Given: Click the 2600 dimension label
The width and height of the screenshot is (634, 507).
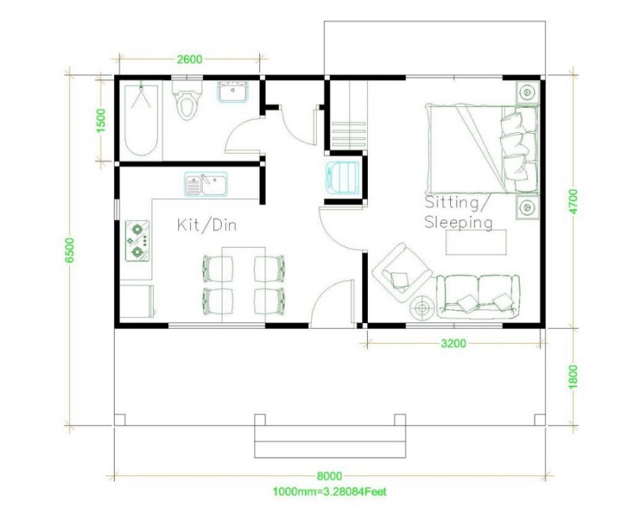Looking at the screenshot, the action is coord(189,59).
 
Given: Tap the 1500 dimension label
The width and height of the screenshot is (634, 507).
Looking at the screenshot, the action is coord(101,120).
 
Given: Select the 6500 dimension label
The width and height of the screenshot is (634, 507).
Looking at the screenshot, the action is coord(70,250).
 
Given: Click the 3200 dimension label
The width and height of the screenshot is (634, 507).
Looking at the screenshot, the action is coord(453,344).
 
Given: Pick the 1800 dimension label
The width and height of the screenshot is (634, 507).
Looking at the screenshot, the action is coord(573,377).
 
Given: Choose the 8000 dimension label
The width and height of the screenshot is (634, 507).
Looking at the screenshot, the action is coord(329,476).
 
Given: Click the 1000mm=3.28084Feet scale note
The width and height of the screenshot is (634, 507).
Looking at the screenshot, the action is coord(330,492).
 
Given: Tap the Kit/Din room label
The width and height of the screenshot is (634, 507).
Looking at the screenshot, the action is coord(207,225).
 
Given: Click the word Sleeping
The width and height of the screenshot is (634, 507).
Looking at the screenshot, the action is coord(459,223).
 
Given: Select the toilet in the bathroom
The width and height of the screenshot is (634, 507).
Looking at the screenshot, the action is coord(186,99).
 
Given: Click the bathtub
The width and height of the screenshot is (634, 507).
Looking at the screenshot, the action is coord(141,120).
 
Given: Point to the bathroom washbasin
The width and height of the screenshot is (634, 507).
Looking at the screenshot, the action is coord(234,92).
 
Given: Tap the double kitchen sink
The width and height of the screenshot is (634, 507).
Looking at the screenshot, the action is coord(206,184).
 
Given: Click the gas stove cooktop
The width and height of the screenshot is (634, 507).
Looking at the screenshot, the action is coord(137,241).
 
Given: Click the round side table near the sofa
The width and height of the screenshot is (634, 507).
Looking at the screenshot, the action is coord(422,308).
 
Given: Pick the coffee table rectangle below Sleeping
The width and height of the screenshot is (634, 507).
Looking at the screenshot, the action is coord(476,242).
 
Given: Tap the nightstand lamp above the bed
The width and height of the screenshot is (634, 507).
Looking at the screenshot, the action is coord(527,93).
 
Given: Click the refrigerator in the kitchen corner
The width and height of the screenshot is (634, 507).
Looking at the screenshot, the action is coord(137,301).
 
